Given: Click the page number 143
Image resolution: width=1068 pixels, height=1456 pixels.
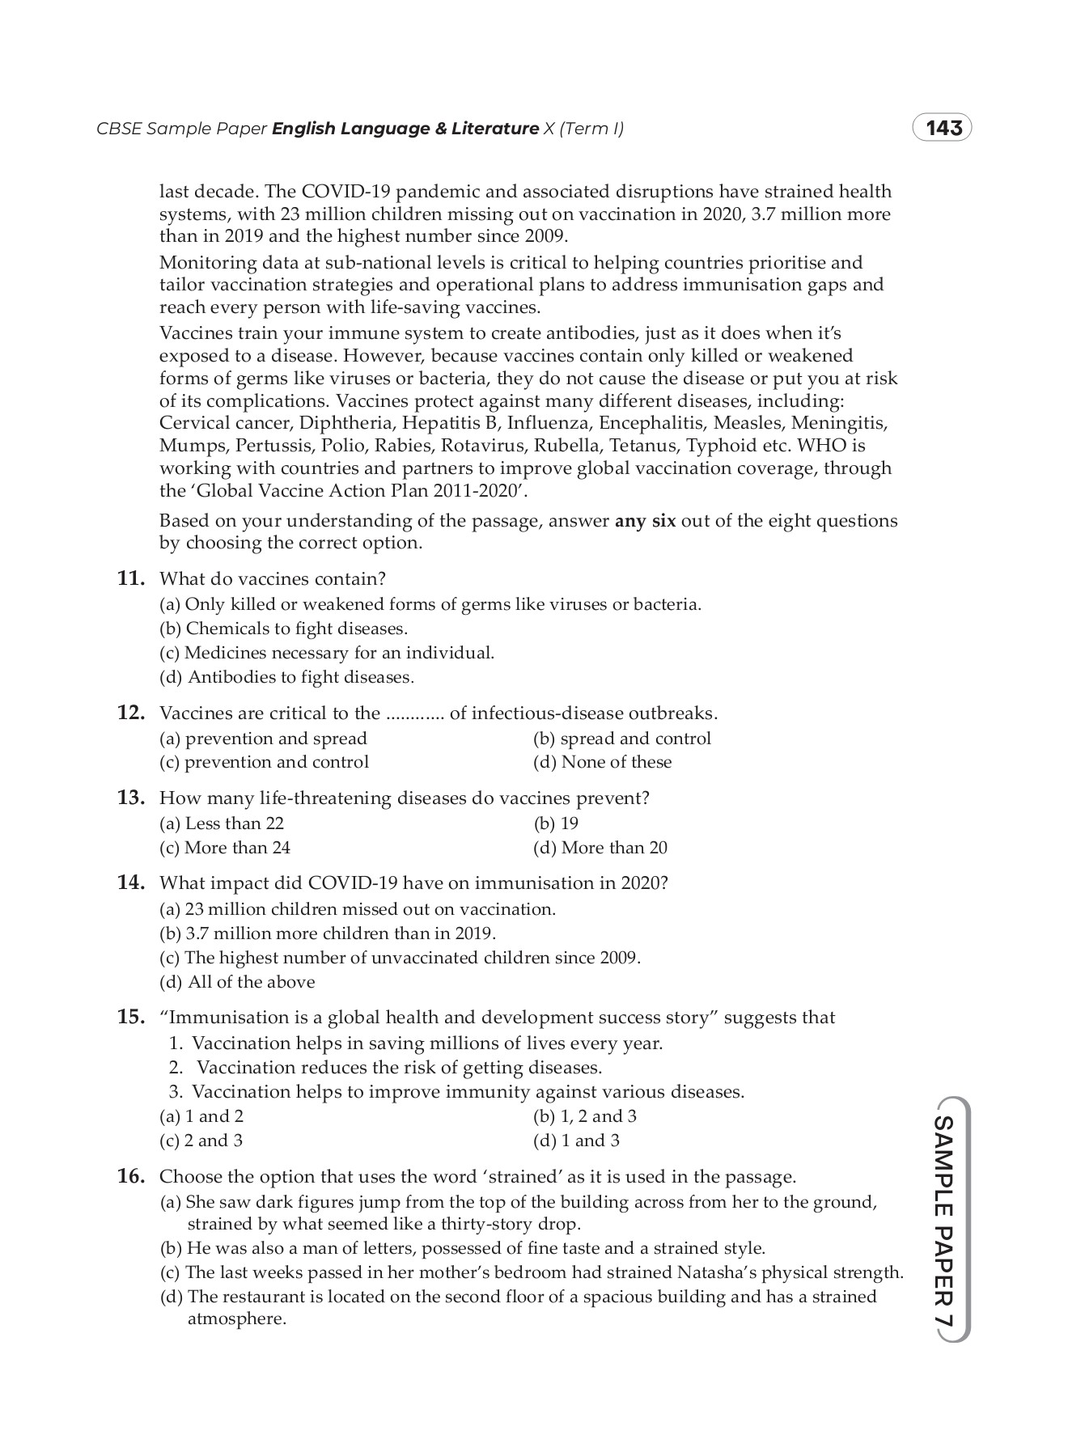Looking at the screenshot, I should tap(943, 129).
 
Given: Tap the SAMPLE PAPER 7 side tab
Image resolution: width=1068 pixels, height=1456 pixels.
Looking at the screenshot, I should tap(944, 1219).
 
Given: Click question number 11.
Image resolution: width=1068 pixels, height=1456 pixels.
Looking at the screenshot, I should tap(131, 579).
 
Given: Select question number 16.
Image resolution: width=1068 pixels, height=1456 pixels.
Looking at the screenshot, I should tap(131, 1176).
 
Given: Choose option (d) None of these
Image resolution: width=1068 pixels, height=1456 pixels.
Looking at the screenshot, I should tap(602, 762).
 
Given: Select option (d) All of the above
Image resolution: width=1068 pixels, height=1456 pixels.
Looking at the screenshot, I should tap(237, 982).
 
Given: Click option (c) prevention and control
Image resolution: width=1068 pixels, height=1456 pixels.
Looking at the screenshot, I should tap(264, 762).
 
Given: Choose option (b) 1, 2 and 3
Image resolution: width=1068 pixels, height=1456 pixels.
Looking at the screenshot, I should tap(584, 1116).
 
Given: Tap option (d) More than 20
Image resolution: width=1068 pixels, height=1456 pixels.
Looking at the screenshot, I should tap(600, 848).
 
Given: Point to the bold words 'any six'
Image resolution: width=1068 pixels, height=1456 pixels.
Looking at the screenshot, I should tap(645, 521).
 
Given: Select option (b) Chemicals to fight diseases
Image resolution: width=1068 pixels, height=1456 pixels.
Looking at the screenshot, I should tap(283, 629).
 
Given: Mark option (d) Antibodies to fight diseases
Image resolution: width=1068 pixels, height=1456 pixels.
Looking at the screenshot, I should tap(286, 677).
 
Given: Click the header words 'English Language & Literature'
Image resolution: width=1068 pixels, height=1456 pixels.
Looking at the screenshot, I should tap(405, 129).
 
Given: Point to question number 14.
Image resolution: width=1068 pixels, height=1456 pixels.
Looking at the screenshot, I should tap(131, 882).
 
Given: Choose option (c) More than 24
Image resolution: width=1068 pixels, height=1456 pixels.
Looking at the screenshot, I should tap(225, 848).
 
